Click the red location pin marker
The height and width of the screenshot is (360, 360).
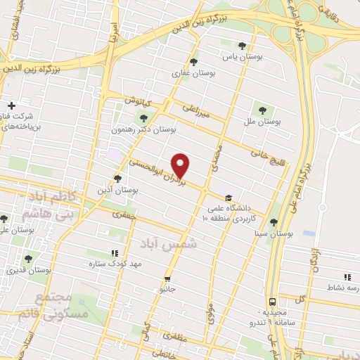(x=181, y=165)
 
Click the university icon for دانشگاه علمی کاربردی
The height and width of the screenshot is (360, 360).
(x=226, y=198)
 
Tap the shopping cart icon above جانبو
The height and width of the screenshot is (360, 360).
(x=167, y=278)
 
